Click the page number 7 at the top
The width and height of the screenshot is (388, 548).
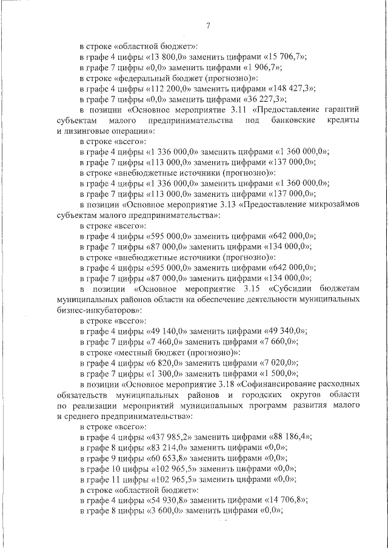coord(208,25)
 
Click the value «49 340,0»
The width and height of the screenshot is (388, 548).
coord(286,331)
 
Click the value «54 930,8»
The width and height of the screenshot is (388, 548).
coord(167,499)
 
